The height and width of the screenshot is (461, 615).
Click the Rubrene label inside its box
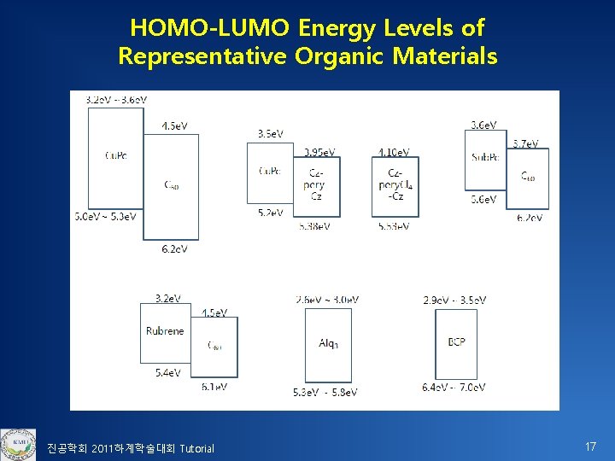coord(164,331)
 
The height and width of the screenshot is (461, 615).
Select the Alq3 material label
coord(328,343)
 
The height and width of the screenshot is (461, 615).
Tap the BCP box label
coord(456,342)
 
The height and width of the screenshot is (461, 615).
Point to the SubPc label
coord(484,156)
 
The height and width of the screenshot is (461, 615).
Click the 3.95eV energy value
coord(319,151)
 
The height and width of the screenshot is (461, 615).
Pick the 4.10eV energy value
coord(393,151)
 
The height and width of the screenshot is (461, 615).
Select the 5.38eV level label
coord(314,226)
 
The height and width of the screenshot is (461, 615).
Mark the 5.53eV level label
coord(392,226)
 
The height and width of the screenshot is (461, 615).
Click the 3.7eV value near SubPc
coord(524,143)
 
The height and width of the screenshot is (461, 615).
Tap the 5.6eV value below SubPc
coord(483,199)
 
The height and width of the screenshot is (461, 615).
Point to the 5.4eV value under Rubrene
coord(167,372)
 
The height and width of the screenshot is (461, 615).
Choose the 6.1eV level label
coord(214,387)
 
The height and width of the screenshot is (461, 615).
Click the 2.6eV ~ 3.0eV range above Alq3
coord(326,300)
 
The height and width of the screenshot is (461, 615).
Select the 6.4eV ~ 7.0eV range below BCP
coord(454,387)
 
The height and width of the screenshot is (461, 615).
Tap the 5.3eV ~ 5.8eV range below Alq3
coord(325,392)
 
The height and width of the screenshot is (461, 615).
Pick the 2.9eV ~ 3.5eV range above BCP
coord(454,300)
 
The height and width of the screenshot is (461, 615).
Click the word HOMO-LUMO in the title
coord(209,28)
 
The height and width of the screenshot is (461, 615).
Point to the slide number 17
coord(589,446)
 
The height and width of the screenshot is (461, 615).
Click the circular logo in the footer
coord(18,445)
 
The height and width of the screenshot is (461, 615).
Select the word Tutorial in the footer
coord(196,449)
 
